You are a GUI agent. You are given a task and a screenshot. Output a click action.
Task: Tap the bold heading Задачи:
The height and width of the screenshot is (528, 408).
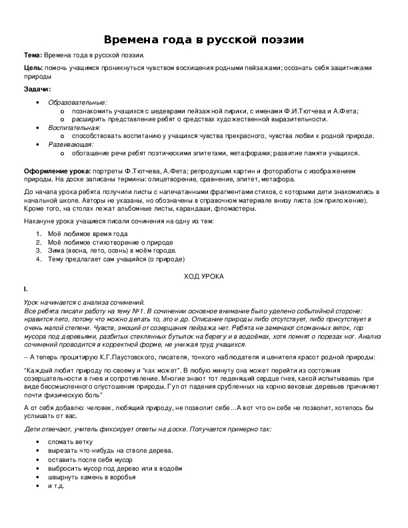click(x=37, y=89)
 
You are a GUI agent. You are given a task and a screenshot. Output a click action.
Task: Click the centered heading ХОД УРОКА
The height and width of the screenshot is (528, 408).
click(x=203, y=276)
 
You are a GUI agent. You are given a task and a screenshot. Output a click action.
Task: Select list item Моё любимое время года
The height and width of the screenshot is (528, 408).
click(x=87, y=235)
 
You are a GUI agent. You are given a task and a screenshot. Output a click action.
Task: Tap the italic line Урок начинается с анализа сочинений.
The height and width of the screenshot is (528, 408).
click(x=83, y=303)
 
